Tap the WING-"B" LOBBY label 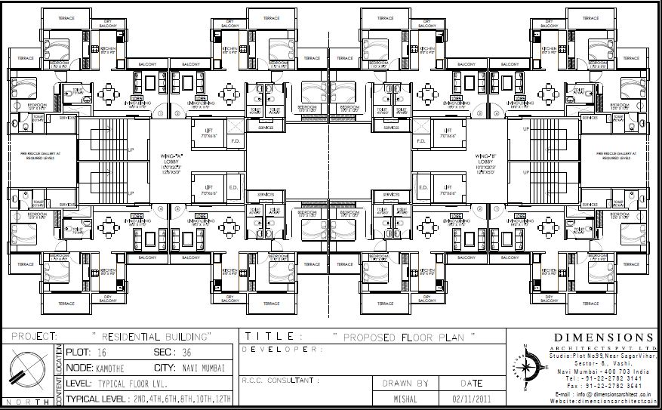point(485,160)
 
